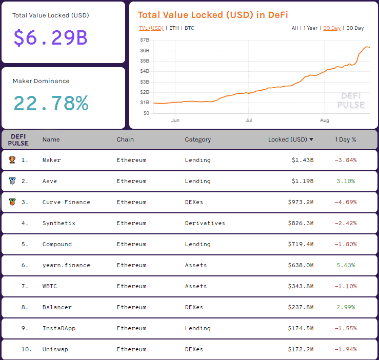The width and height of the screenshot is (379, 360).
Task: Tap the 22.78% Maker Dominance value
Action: (x=50, y=103)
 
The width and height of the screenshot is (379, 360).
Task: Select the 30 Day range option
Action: (x=355, y=28)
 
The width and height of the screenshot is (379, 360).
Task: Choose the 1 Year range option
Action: (x=310, y=28)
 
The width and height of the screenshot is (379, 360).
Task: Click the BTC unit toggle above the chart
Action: (x=189, y=28)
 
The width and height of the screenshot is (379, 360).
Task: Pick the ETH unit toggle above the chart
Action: (x=174, y=28)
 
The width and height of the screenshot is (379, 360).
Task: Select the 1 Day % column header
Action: (x=346, y=139)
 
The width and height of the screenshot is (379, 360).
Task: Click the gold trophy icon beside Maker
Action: (x=12, y=160)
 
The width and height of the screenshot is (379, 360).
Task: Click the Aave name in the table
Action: (x=49, y=181)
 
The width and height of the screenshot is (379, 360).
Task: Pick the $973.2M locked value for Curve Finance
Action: (x=301, y=202)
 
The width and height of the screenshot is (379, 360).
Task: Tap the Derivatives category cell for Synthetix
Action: (x=205, y=223)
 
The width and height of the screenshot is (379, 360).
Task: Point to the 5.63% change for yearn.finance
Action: (x=346, y=265)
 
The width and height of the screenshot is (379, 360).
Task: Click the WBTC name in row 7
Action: (x=50, y=286)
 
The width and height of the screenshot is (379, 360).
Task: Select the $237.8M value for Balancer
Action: (x=301, y=307)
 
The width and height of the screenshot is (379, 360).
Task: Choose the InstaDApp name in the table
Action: (x=58, y=328)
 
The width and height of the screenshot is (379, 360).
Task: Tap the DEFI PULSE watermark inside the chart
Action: (x=351, y=101)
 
